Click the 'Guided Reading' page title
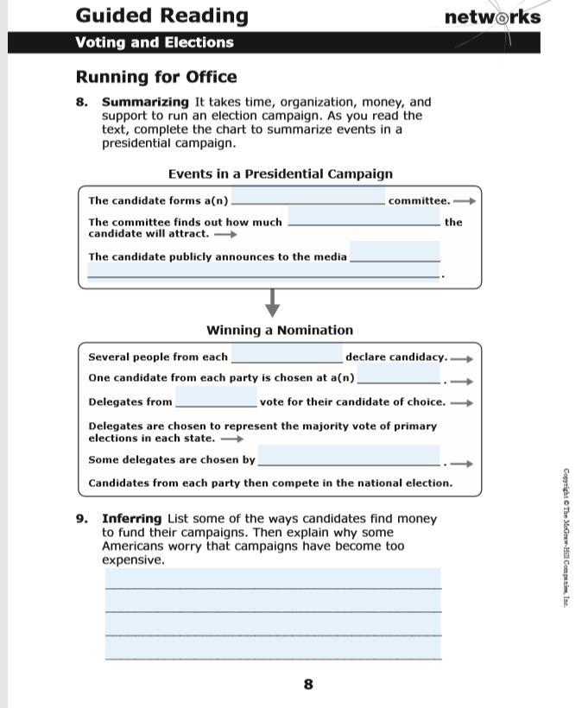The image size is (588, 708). [x=161, y=16]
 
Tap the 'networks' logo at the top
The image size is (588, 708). [x=492, y=17]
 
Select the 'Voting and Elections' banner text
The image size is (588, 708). [x=154, y=42]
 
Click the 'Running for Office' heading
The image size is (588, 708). [x=155, y=77]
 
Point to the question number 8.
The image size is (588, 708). [x=81, y=102]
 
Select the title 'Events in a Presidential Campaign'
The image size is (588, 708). [x=280, y=174]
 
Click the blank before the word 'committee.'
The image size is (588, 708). [x=308, y=198]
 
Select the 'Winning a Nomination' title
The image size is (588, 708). [x=280, y=330]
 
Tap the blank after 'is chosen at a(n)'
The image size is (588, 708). [x=398, y=376]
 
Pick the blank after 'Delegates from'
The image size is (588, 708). [x=216, y=400]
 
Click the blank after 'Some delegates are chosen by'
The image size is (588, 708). [x=349, y=458]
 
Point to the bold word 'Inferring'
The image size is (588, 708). [x=131, y=519]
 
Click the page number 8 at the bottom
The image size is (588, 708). [x=308, y=685]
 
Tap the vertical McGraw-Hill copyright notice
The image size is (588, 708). [x=566, y=536]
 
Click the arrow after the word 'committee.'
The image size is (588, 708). [x=465, y=201]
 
